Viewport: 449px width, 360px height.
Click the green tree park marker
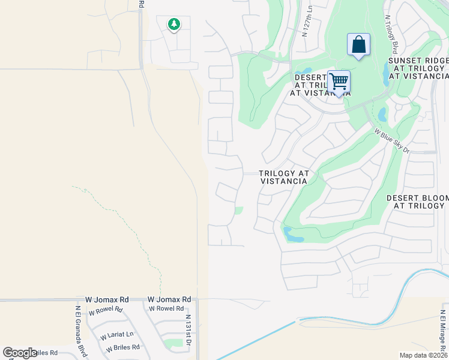174,25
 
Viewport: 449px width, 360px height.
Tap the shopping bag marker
358,45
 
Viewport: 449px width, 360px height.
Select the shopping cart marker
339,81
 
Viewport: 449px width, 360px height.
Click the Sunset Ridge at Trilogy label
418,68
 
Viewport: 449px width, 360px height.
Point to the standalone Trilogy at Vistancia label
285,177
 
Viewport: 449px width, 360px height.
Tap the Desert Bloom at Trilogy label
418,202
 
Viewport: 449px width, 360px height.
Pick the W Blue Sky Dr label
391,140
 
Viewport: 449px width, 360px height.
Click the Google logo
20,353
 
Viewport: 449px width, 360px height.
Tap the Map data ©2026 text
423,355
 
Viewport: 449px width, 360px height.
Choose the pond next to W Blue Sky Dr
382,113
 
